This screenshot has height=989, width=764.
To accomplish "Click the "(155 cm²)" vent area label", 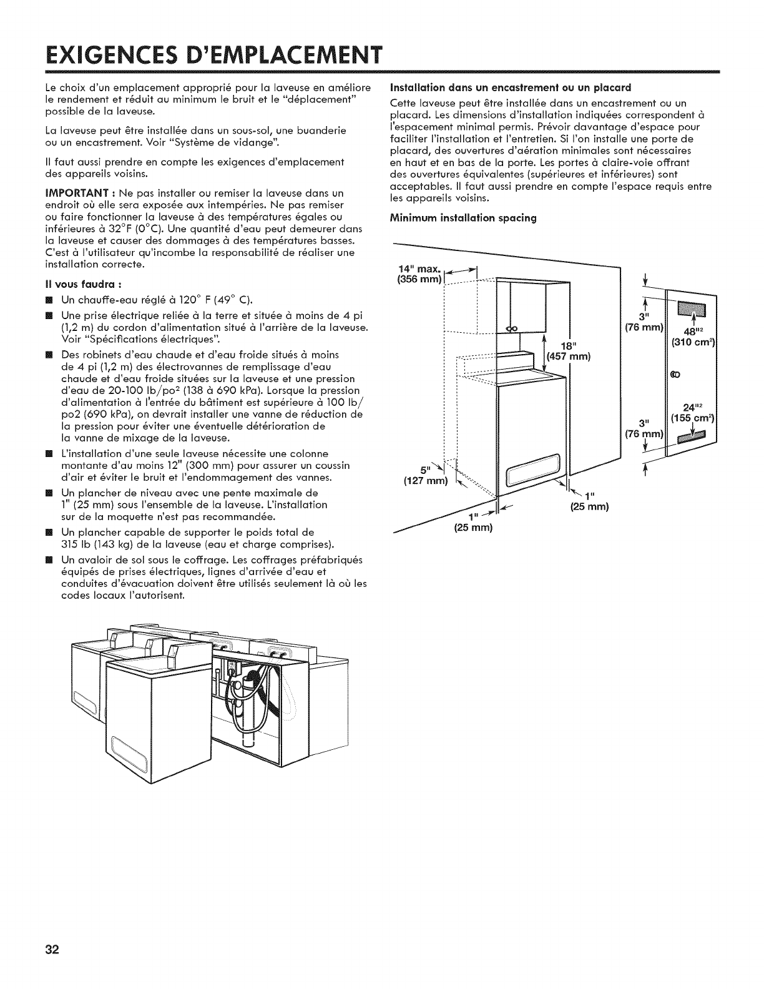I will (x=693, y=420).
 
